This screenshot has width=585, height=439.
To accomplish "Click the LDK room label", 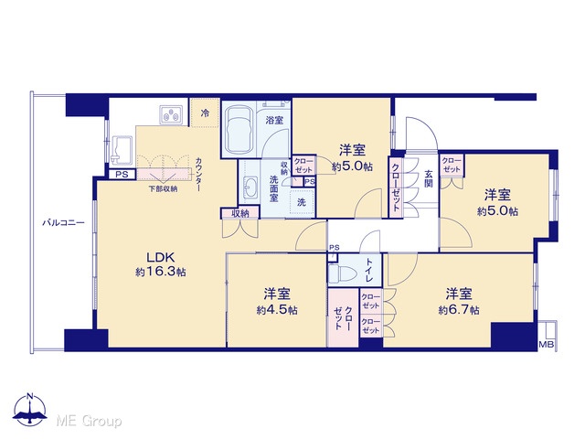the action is (161, 257).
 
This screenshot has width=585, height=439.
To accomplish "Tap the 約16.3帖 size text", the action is (161, 273).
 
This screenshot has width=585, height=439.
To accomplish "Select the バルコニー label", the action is (63, 223).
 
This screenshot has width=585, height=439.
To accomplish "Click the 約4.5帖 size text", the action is (277, 310).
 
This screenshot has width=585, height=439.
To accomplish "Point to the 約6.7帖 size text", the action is (459, 310).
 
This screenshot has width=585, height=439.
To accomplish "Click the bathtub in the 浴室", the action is (239, 130).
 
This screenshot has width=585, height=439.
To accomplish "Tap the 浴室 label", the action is (274, 120).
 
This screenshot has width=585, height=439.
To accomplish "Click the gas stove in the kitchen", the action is (171, 114).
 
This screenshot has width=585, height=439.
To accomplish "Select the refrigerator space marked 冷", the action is (205, 113).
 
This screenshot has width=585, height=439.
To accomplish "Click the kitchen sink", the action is (122, 150).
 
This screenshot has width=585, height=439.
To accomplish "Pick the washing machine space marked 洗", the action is (302, 202).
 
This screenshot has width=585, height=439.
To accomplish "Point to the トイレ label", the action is (369, 270).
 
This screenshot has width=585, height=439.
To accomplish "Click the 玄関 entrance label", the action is (429, 178).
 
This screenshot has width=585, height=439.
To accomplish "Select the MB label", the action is (547, 345).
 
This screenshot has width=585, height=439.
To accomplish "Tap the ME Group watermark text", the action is (90, 421).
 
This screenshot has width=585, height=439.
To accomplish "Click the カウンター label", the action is (199, 175).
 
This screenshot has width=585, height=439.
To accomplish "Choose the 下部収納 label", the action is (163, 189).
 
